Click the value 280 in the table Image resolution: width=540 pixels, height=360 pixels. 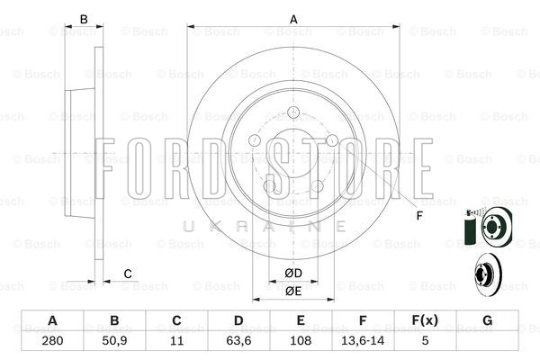52,341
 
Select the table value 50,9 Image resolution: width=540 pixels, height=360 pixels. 114,341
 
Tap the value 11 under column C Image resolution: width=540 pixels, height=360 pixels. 176,341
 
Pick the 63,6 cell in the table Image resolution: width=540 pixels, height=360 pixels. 238,341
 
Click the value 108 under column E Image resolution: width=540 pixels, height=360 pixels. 301,341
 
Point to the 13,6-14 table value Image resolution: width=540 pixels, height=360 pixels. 363,341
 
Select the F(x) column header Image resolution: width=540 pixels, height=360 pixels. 425,320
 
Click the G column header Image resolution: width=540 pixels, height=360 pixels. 487,320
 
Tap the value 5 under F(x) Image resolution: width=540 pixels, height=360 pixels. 426,341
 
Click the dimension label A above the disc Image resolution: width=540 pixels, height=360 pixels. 293,19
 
